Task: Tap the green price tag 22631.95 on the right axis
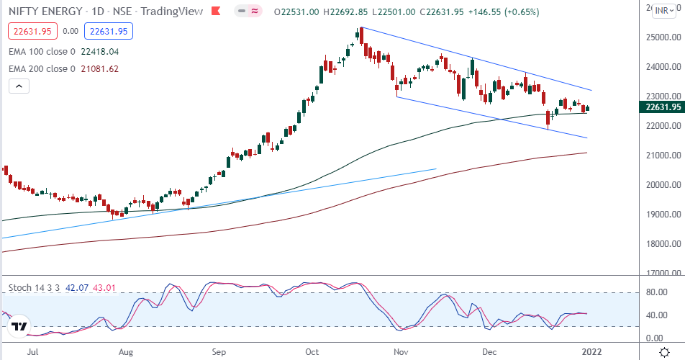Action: click(x=660, y=107)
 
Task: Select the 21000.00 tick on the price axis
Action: click(x=660, y=155)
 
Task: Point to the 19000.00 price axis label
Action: click(x=660, y=214)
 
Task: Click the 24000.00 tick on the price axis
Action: click(x=660, y=67)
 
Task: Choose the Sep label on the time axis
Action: click(x=219, y=353)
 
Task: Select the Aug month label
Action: click(x=126, y=353)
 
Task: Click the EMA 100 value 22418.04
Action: click(x=99, y=52)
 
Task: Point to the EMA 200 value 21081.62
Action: click(x=99, y=69)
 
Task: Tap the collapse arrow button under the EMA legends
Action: click(x=19, y=86)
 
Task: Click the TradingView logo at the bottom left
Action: click(x=19, y=327)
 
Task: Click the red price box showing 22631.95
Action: click(x=30, y=31)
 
